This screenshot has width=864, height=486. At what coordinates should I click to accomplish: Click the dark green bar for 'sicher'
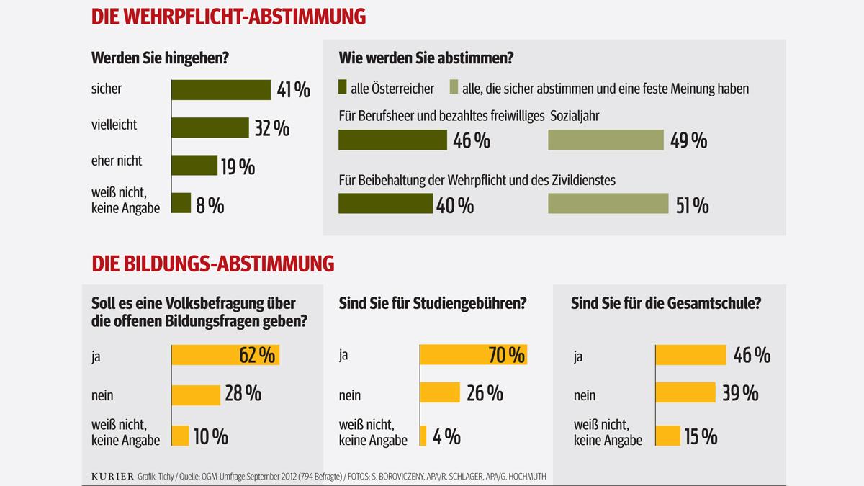coord(220,89)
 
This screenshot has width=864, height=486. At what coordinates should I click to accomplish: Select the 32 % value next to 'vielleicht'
coord(272,128)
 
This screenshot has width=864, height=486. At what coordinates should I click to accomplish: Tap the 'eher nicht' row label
coord(117,161)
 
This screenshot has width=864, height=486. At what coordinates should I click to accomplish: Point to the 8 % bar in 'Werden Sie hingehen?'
coord(181,204)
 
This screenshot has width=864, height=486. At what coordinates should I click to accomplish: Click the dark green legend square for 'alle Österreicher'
coord(343,89)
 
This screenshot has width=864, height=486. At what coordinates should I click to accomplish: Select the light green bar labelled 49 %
coord(605,140)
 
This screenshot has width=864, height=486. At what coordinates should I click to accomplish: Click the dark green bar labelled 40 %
coord(385,204)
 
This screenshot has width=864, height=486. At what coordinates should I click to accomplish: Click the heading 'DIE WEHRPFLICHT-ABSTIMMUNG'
coord(228,16)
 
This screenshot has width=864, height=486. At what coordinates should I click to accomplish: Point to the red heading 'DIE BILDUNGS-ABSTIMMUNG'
coord(213,264)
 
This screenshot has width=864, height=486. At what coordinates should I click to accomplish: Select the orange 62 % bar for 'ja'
coord(225,356)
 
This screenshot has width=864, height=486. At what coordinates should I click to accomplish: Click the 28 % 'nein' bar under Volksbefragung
coord(195,395)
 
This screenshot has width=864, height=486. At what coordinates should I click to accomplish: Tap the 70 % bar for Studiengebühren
coord(473,355)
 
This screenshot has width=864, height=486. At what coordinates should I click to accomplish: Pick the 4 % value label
coord(446,436)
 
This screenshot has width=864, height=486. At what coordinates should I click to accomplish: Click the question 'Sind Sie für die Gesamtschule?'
coord(666,304)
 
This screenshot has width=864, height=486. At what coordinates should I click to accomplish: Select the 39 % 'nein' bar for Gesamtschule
coord(685,393)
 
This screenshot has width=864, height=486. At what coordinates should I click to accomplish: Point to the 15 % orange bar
coord(667,436)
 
